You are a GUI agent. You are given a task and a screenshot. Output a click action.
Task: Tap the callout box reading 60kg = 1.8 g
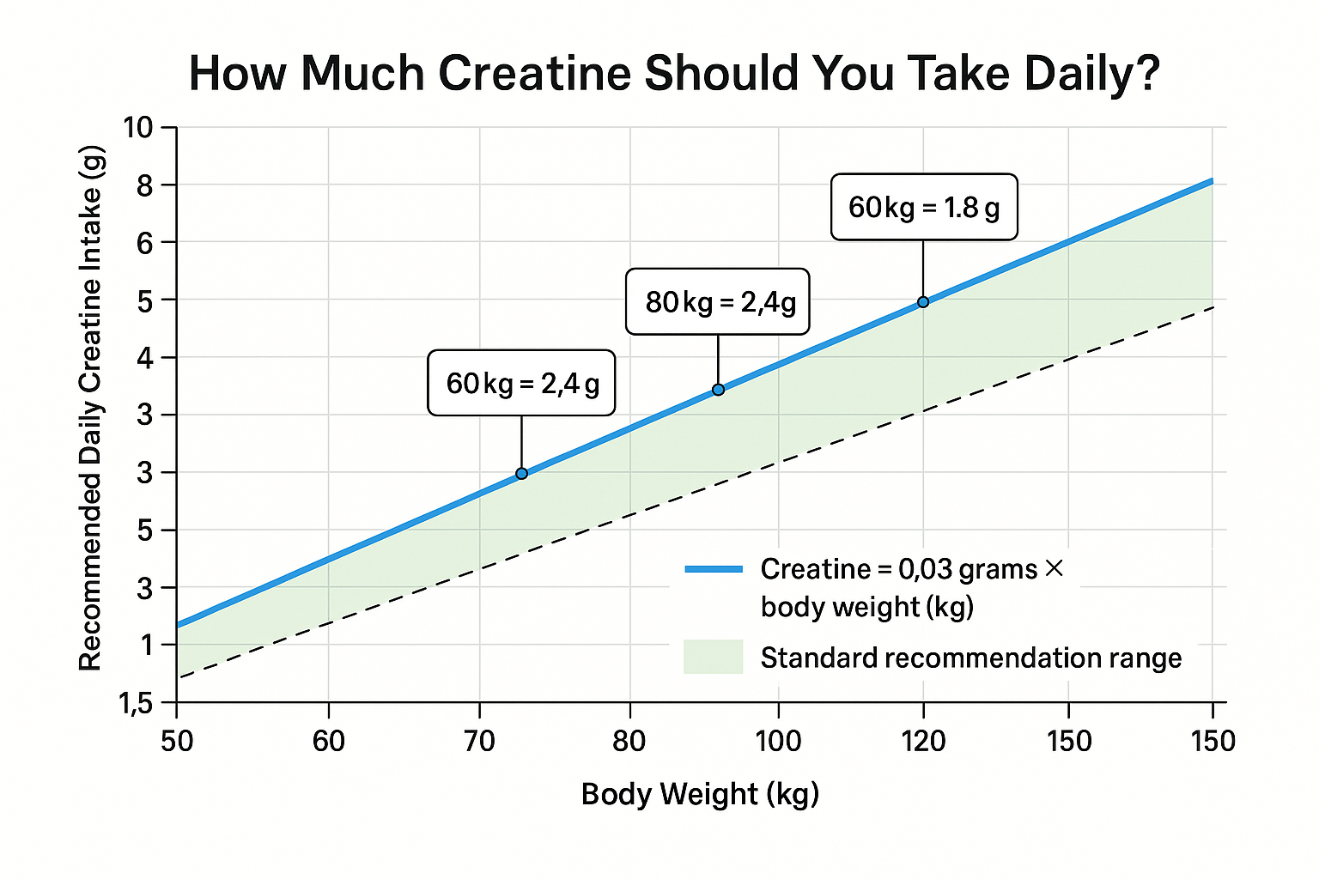tap(924, 207)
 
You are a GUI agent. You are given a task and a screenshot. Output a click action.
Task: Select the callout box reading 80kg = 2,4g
tap(718, 301)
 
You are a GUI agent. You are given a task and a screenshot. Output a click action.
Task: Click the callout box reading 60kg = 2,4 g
tap(521, 383)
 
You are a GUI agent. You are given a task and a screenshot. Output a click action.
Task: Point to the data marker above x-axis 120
tap(923, 302)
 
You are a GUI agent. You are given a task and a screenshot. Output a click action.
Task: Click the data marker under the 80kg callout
tap(718, 390)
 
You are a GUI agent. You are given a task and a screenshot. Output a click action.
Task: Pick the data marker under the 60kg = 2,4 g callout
tap(521, 474)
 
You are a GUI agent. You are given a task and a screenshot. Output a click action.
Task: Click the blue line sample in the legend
tap(714, 569)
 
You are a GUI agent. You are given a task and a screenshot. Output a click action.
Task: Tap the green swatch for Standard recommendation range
tap(713, 657)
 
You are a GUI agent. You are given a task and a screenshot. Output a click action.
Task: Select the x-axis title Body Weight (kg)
tap(700, 794)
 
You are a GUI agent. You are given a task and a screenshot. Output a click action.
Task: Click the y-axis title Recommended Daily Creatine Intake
tap(91, 408)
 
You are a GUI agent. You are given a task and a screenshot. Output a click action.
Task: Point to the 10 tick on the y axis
tap(137, 128)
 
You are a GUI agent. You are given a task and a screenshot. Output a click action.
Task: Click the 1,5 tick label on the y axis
tap(136, 704)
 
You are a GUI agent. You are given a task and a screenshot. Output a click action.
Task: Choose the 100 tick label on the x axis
tap(778, 741)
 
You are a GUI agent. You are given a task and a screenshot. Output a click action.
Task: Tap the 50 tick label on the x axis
tap(177, 741)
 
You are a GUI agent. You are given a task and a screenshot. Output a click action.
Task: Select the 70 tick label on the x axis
tap(479, 741)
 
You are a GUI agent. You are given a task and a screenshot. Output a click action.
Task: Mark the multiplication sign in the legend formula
tap(1055, 568)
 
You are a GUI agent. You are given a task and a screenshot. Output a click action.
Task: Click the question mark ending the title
tap(1145, 73)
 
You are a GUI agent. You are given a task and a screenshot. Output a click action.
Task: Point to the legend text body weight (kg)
tap(867, 607)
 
